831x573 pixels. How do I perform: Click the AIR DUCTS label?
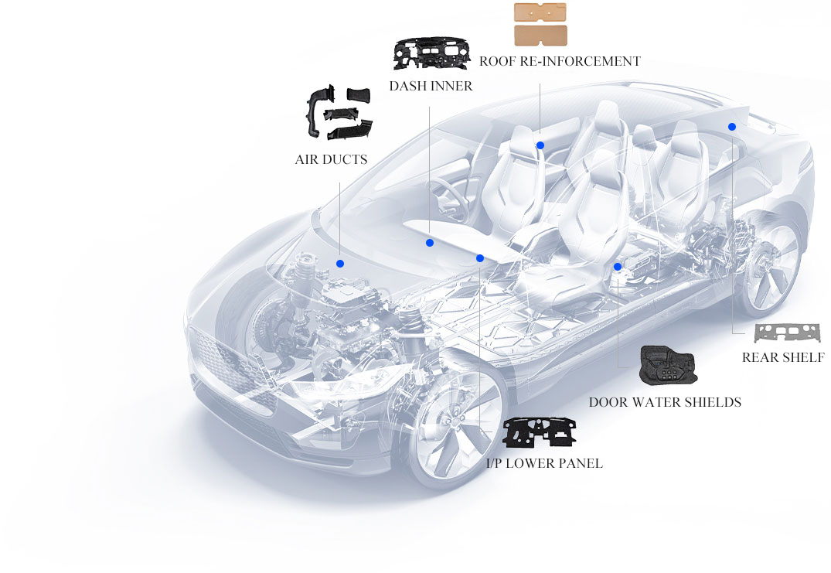[331, 159]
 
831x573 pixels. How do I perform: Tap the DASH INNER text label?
[431, 86]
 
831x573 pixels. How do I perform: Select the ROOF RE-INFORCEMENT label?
[560, 62]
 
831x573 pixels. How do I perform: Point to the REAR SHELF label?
[783, 357]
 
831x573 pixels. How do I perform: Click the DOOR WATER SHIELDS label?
[665, 402]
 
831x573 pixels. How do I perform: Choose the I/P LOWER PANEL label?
[544, 463]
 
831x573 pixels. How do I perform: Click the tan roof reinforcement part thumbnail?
[540, 25]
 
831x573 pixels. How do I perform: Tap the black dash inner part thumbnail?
[431, 53]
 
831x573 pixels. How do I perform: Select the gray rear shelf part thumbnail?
[787, 333]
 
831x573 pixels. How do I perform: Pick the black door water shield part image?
[668, 366]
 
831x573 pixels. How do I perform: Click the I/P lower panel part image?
[540, 431]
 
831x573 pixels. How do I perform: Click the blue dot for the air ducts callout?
[340, 264]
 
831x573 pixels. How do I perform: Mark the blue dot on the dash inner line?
[430, 243]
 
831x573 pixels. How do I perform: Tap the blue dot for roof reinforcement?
[540, 145]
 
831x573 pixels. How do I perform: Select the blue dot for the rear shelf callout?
[732, 127]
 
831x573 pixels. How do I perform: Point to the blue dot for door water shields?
[618, 267]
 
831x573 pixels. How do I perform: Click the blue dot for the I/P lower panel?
[480, 258]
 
